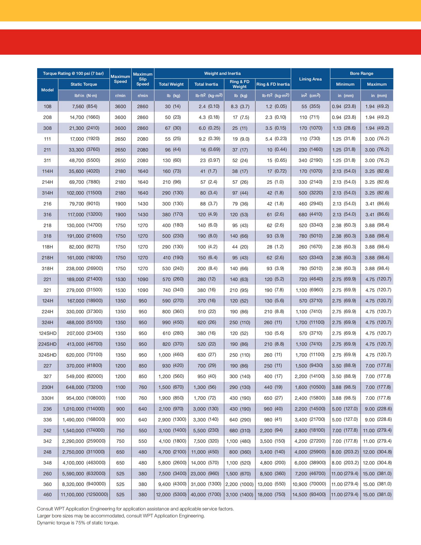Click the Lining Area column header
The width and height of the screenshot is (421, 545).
pos(310,79)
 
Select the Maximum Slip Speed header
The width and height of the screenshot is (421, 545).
pos(143,79)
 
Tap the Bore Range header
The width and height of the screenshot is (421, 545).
pos(361,74)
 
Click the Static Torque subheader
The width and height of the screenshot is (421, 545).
pos(84,84)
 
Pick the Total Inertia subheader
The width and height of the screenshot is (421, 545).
pos(206,84)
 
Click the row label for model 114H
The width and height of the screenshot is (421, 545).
pos(47,171)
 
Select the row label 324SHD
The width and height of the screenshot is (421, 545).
pos(47,355)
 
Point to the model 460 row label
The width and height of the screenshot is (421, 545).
pos(47,495)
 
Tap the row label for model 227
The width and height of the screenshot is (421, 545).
pos(47,366)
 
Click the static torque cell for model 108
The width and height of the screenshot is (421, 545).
pos(84,106)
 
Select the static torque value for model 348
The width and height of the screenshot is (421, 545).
pos(84,463)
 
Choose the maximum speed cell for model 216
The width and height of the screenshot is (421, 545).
pos(120,204)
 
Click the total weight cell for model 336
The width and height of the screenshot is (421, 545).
pos(172,420)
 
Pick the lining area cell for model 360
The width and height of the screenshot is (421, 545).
pos(310,484)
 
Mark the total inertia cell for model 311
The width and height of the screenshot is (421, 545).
pos(210,161)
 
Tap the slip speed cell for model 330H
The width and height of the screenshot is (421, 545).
pos(143,398)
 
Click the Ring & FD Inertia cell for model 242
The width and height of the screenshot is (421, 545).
pos(273,430)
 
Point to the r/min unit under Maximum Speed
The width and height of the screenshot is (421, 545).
pos(120,96)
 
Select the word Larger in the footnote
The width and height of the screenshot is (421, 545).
pos(44,516)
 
